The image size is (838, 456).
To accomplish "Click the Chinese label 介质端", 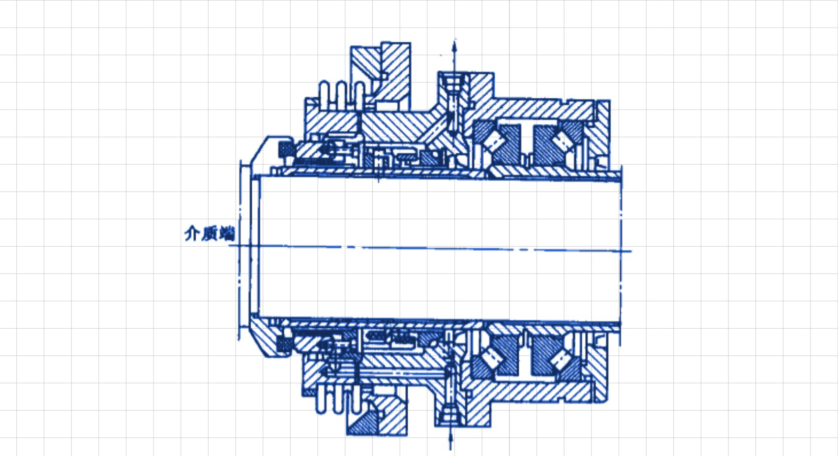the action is pos(209,233).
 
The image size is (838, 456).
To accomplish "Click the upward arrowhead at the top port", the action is pos(454,47).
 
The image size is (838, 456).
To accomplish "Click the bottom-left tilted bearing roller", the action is pos(492,359).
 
